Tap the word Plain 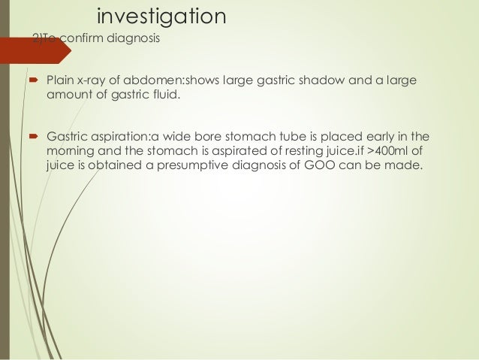point(60,80)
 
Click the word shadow point(319,80)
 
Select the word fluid point(165,95)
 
